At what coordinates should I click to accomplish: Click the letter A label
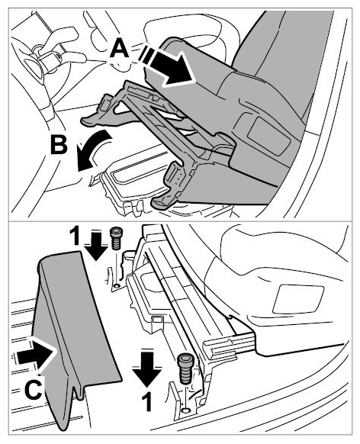121,48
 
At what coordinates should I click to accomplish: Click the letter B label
59,145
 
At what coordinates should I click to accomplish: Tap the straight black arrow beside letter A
168,66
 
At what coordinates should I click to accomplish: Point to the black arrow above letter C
35,354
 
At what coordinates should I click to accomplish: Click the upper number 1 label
75,237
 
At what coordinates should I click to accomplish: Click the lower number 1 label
146,402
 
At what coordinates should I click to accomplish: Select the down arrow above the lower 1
147,368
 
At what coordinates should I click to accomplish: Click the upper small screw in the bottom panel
115,238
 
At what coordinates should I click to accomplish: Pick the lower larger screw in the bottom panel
185,369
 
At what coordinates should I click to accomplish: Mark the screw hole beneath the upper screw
115,288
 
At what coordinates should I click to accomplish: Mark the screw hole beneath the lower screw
185,410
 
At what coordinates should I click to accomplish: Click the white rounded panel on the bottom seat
298,299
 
